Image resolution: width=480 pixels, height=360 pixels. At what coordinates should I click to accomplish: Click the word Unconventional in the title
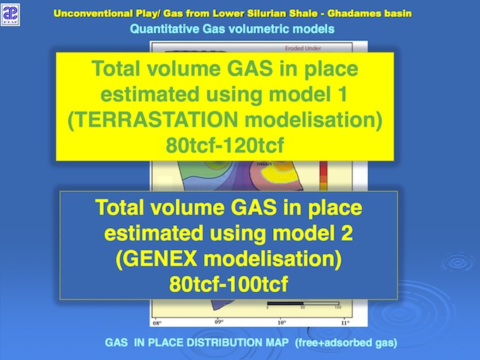pyautogui.click(x=96, y=14)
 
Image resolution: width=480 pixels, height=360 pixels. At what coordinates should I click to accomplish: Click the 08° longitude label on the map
pyautogui.click(x=157, y=323)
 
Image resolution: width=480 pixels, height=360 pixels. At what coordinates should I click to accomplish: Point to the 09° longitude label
pyautogui.click(x=220, y=323)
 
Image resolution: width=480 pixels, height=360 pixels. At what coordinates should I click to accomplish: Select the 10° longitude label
pyautogui.click(x=282, y=323)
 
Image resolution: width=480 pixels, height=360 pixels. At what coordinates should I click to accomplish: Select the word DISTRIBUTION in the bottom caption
pyautogui.click(x=212, y=342)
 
